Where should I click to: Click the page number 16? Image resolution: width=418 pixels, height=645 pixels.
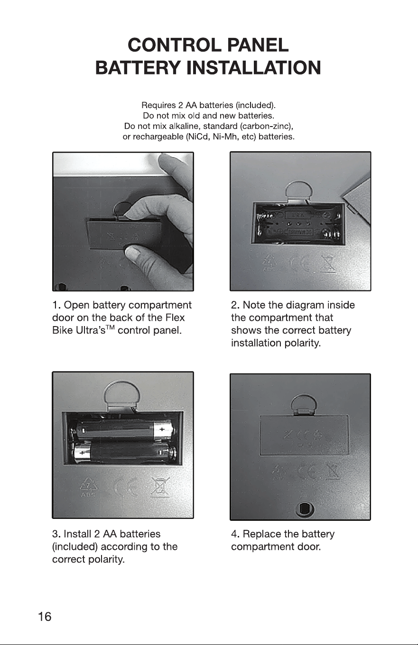[x=45, y=617]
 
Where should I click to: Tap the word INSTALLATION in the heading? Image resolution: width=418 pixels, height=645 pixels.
[x=254, y=68]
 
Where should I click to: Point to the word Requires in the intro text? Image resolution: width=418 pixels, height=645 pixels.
[x=158, y=105]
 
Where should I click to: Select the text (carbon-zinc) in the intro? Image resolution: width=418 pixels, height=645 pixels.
[x=270, y=127]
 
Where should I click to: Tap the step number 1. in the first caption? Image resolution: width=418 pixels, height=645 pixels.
[x=56, y=305]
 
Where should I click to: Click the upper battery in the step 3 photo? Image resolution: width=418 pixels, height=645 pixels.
[x=122, y=430]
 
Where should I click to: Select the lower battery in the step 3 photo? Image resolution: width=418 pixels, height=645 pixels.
[x=124, y=453]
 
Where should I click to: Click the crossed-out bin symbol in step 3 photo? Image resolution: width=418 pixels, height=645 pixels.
[x=159, y=487]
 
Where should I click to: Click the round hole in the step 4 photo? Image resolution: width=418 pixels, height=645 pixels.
[x=305, y=509]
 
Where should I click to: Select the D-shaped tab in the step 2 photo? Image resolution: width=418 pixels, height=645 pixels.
[x=299, y=191]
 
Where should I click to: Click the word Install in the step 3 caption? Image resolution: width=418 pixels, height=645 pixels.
[x=77, y=534]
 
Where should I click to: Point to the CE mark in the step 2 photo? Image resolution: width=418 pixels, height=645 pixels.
[x=301, y=263]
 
